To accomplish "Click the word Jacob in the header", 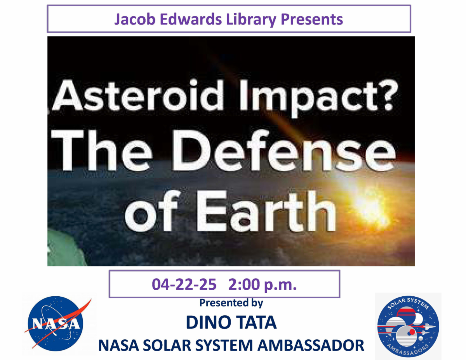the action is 135,19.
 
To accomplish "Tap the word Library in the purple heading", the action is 251,20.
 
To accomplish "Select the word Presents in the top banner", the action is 312,19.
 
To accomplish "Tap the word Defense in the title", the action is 284,150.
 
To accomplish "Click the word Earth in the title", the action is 266,211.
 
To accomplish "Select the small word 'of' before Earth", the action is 151,211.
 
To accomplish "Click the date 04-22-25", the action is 184,285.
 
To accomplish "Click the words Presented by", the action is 231,303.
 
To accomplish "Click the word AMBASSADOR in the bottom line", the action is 311,345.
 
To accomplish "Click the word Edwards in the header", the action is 191,19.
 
